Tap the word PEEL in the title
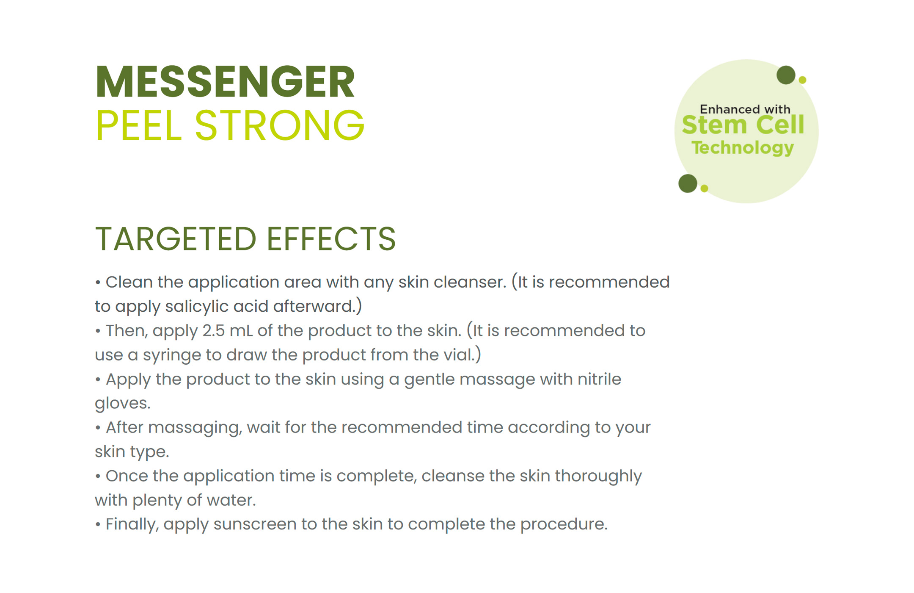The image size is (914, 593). coord(138,125)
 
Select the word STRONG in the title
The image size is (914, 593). coord(279,125)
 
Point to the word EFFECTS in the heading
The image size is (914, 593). coord(331,239)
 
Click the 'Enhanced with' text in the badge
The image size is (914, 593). coord(745,109)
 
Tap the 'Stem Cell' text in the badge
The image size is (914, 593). coord(743,125)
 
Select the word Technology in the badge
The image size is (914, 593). coord(743,148)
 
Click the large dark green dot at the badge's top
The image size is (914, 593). coord(786,75)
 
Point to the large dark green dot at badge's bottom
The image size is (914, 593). coord(688,183)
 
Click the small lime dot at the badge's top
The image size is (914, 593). coord(802,80)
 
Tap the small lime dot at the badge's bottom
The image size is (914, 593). coord(704,188)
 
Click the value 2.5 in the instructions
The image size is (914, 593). coord(213,331)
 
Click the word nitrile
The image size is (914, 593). coord(599,379)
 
